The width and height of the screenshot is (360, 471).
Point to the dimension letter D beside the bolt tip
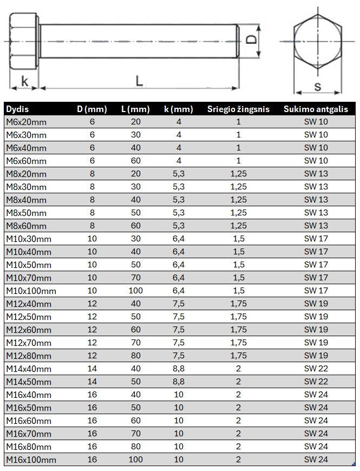[250, 39]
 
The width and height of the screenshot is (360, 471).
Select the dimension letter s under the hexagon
[317, 86]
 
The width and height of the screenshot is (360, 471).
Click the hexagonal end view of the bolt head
[317, 41]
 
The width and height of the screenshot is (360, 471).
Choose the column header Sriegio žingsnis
[238, 109]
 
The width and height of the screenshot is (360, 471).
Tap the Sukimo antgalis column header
[316, 109]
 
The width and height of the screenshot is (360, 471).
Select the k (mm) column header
[178, 109]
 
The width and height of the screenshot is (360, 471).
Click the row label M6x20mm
[26, 122]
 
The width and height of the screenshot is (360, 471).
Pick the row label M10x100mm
[31, 291]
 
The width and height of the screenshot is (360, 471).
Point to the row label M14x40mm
[29, 369]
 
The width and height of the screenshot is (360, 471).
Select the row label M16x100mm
[31, 460]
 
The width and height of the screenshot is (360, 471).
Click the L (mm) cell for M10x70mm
[136, 278]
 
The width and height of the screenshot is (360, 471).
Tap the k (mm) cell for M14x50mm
[179, 382]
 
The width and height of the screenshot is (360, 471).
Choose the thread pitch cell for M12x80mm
[238, 356]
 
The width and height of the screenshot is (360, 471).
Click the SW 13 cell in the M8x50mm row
[316, 213]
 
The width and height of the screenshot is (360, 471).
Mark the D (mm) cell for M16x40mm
[92, 395]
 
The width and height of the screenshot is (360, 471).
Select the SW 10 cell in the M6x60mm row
[316, 161]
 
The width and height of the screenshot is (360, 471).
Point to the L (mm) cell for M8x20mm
[136, 174]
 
